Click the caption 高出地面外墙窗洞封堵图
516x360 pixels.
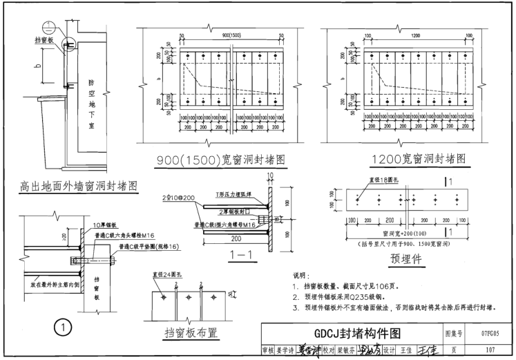77,186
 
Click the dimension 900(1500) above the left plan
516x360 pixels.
222,36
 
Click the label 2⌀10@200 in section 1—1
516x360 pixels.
180,198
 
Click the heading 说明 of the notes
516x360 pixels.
303,275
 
